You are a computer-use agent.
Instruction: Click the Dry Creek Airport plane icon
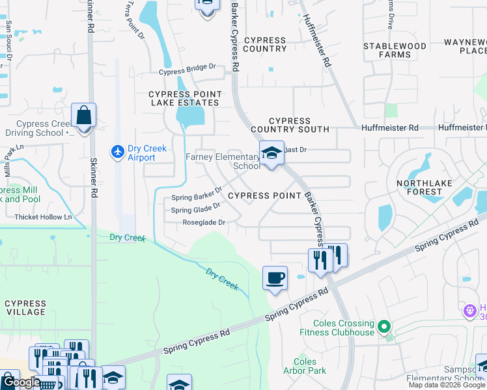coord(117,151)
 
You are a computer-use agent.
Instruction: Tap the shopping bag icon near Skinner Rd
coord(83,116)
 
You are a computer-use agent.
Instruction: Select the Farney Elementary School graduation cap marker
coord(271,153)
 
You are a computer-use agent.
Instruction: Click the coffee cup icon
coord(275,278)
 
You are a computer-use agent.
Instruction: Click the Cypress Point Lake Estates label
coord(184,98)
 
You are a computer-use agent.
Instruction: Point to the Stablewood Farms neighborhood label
coord(395,51)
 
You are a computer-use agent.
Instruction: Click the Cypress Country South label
coord(290,125)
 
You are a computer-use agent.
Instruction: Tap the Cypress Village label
coord(25,307)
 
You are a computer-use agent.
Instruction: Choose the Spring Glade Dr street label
coord(195,210)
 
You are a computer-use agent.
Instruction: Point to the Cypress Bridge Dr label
coord(188,67)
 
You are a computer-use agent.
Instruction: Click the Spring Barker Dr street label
coord(197,197)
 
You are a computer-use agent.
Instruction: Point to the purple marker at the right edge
coord(469,311)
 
